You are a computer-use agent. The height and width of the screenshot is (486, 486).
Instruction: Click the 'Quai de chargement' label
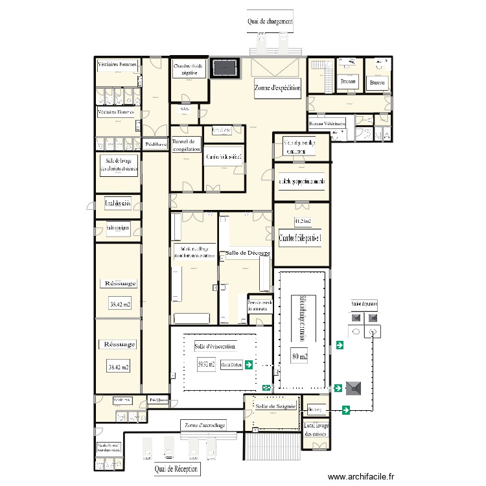coord(270,21)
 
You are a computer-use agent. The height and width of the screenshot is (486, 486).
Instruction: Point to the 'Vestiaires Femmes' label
coord(117,65)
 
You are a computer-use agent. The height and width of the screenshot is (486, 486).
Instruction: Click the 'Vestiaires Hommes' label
coord(116,113)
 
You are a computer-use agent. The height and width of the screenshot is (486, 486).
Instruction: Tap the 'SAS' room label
coord(185,109)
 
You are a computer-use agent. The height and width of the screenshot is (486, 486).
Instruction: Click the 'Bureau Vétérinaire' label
coord(327,123)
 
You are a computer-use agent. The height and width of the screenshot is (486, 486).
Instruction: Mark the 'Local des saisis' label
coord(118,204)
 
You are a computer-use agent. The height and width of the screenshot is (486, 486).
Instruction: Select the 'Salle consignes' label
coord(118,227)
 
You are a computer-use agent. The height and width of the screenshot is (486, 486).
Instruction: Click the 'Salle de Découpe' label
coord(244,252)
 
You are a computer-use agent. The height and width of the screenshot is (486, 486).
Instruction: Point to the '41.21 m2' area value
coord(303,222)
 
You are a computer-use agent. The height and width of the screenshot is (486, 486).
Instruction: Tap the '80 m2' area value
coord(299,356)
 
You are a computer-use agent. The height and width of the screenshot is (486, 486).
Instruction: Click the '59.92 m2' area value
coord(206,364)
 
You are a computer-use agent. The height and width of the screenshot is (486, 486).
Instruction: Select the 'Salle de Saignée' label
coord(275,406)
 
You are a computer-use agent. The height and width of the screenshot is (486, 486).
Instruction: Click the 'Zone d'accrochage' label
coord(205,425)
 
